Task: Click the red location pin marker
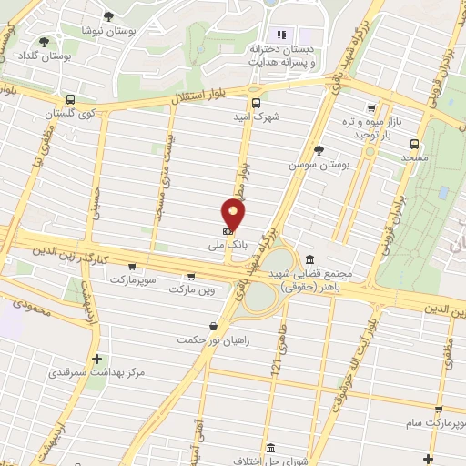[x=234, y=215]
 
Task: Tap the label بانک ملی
[x=227, y=245]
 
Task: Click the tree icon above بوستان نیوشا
[x=109, y=16]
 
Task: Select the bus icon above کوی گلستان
[x=69, y=100]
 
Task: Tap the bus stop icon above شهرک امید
[x=256, y=103]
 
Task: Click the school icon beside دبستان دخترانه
[x=280, y=35]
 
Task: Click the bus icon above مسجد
[x=415, y=143]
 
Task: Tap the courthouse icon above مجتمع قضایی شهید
[x=311, y=259]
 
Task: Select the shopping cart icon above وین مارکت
[x=190, y=276]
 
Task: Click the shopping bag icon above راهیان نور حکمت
[x=213, y=326]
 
